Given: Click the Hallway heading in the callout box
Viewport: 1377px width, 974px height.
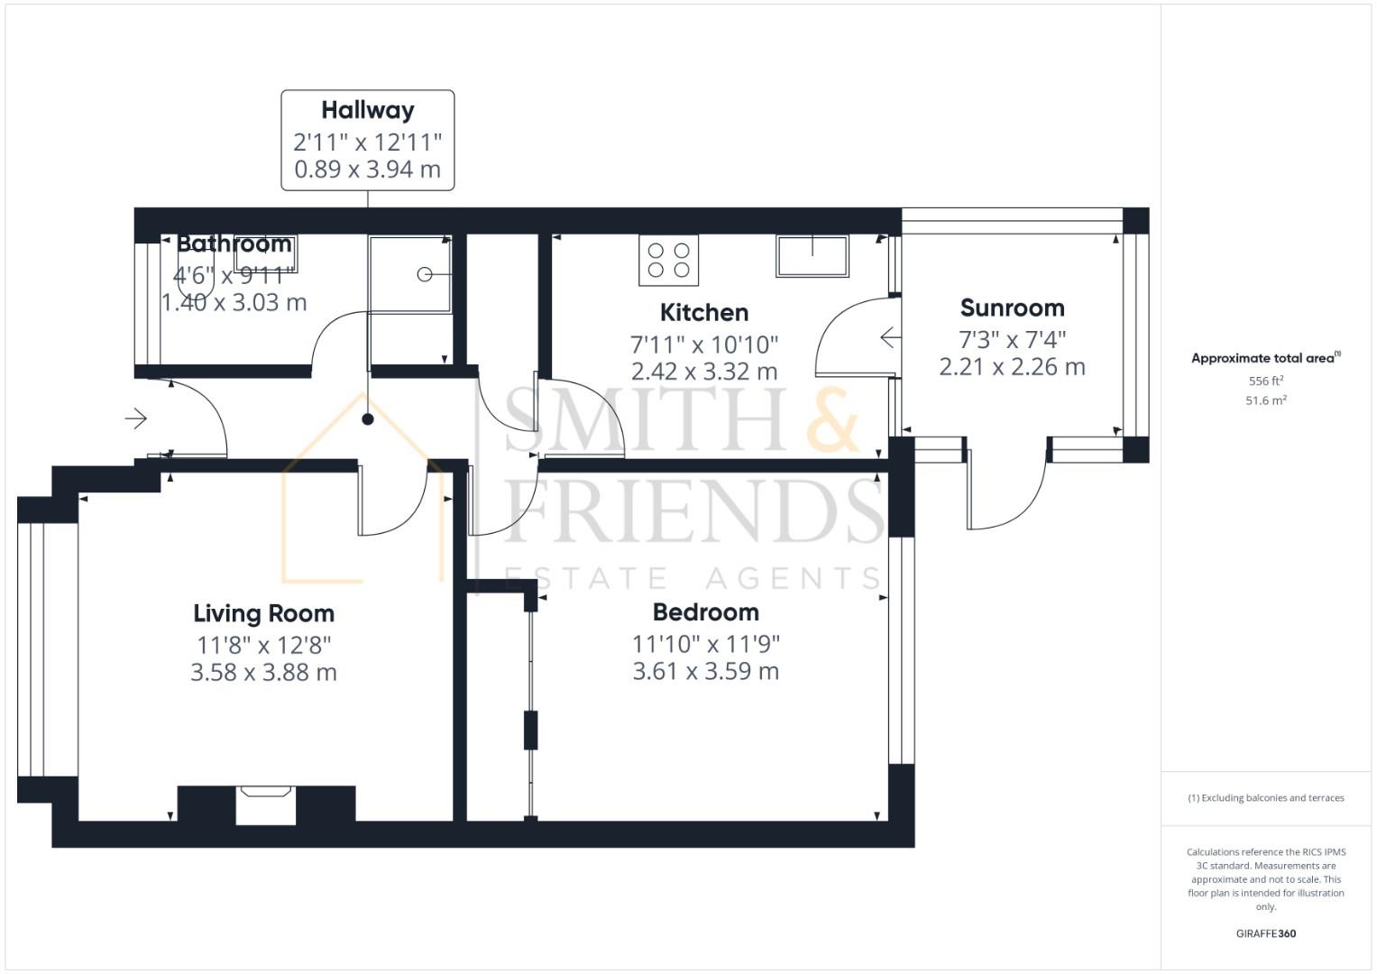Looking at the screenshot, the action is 368,111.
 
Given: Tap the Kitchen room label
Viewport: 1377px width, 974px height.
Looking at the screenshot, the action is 704,312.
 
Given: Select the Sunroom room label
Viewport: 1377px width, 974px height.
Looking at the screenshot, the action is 1012,308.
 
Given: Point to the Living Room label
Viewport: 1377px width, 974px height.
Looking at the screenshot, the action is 263,613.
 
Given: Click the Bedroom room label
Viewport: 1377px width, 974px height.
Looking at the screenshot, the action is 706,611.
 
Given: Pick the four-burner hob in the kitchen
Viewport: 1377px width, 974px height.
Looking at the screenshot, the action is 668,260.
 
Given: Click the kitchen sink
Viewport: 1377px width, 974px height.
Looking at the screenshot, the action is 812,256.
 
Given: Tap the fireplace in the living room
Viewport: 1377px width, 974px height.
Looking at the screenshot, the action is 265,804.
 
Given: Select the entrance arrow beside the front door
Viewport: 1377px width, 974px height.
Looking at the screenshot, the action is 136,418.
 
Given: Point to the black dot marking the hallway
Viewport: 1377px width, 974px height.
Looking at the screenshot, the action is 368,419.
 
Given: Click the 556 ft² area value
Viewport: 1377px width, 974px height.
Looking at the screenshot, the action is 1266,381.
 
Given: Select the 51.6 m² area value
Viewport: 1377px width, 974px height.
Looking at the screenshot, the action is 1266,400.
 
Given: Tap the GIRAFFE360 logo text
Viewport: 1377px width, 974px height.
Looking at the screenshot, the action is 1266,933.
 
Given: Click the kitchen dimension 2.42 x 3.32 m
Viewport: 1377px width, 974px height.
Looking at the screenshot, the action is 704,372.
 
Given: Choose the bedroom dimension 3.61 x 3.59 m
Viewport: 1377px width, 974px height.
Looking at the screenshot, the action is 706,671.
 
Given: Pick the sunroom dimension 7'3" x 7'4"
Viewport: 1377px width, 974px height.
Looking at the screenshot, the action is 1012,339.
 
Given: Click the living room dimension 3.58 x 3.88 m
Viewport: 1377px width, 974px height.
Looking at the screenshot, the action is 263,672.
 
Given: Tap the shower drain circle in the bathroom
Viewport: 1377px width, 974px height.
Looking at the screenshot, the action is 424,274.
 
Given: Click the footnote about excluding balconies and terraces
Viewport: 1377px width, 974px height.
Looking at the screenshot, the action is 1266,797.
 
